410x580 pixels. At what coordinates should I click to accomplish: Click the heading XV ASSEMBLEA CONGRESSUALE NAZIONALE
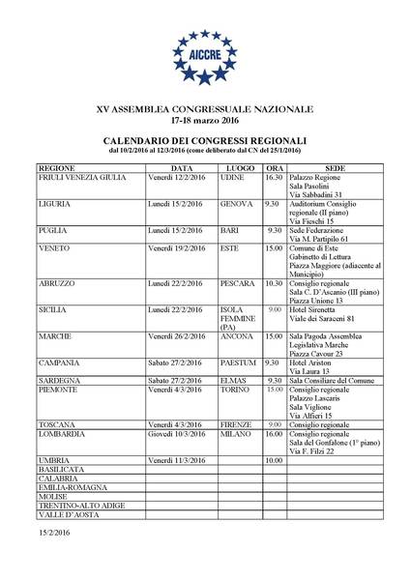click(x=204, y=112)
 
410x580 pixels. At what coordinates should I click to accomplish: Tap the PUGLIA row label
click(x=54, y=231)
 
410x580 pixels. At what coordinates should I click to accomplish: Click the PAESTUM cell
click(x=238, y=362)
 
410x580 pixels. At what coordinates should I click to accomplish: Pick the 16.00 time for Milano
click(x=273, y=435)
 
